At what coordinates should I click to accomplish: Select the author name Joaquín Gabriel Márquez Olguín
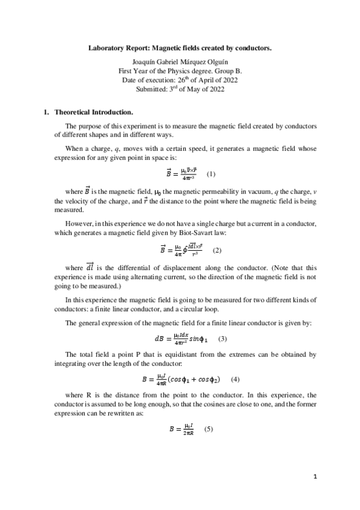coord(180,61)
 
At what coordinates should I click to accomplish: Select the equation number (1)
coord(211,174)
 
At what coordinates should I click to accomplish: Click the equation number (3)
coord(222,339)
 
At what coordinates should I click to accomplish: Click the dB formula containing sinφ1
coord(181,339)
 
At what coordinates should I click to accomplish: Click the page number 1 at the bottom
coord(315,478)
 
